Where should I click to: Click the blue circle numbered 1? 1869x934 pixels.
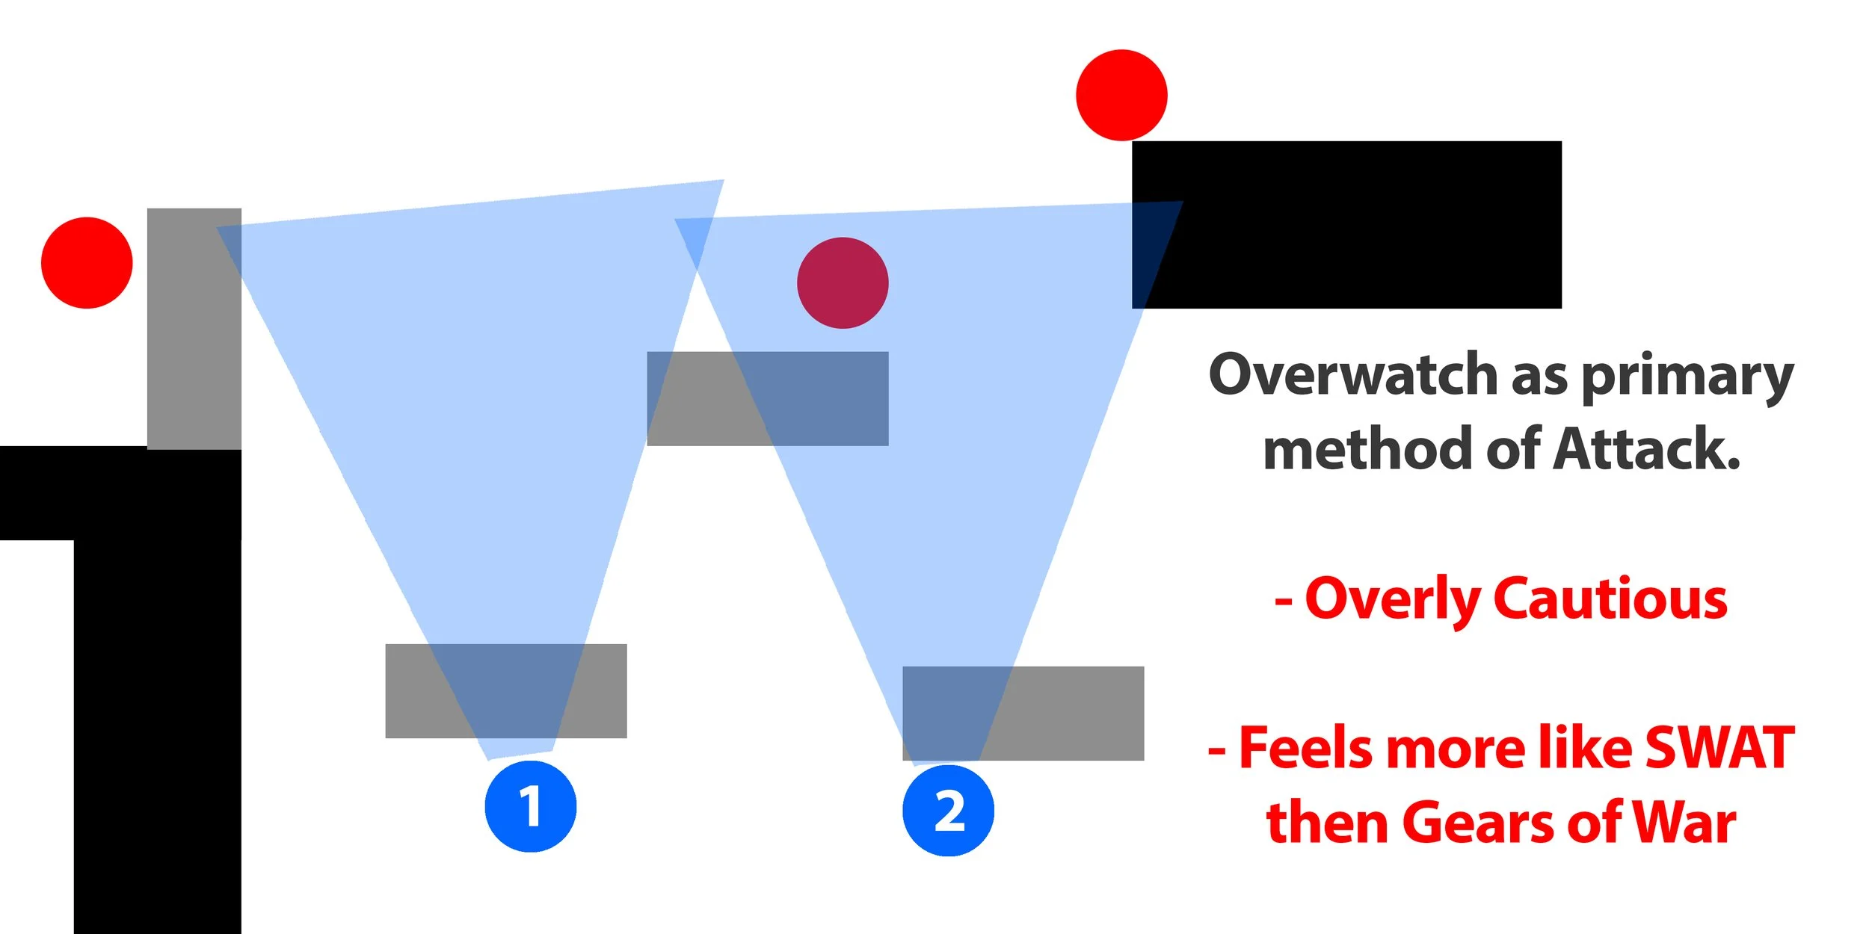tap(530, 806)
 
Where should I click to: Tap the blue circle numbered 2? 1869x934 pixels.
tap(948, 811)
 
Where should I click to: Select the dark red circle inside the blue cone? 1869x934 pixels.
tap(843, 283)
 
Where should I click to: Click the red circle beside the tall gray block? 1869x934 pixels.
tap(87, 263)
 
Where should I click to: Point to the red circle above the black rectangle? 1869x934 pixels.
tap(1121, 95)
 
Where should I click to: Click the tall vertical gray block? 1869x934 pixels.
tap(194, 329)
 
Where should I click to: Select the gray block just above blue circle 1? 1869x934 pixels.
tap(506, 691)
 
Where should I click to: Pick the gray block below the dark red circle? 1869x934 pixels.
tap(768, 399)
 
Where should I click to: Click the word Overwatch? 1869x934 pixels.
tap(1352, 374)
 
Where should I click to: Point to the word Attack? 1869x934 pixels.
tap(1646, 449)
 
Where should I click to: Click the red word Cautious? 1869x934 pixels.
tap(1610, 599)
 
